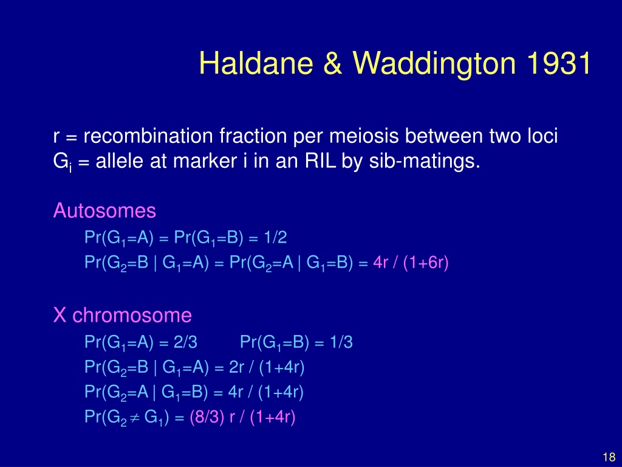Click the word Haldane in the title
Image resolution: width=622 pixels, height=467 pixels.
[256, 63]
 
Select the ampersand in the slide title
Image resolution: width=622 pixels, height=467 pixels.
[332, 63]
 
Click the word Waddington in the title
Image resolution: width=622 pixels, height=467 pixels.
[434, 63]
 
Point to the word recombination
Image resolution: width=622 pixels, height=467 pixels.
[148, 136]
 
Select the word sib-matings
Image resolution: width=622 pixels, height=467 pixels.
[425, 162]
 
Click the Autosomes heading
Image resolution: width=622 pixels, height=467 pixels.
[104, 210]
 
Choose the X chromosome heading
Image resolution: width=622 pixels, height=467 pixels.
[123, 316]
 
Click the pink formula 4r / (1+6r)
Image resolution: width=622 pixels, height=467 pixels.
[411, 263]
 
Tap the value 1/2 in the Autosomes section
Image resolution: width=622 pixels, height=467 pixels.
[275, 238]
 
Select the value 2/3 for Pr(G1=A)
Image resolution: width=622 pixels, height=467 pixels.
[185, 342]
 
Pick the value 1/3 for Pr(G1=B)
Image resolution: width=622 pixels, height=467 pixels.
[341, 342]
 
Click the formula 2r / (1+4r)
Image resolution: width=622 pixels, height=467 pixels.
[267, 367]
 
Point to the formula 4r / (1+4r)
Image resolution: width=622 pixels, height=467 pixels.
[266, 392]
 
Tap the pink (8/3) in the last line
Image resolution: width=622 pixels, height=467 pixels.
[207, 417]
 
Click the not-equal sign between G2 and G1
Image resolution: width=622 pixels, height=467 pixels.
[135, 418]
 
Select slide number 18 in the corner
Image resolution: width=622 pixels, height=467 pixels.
[609, 457]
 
